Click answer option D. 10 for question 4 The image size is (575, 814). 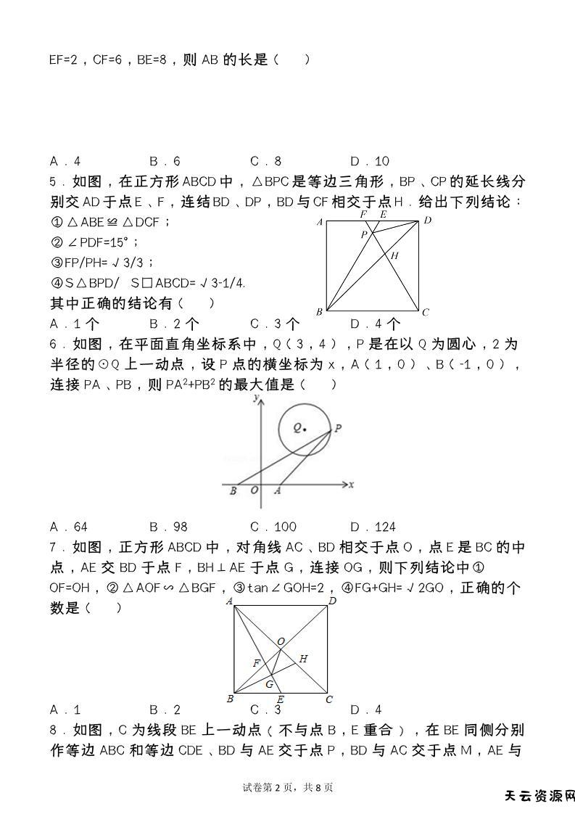370,161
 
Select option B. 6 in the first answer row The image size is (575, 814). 165,161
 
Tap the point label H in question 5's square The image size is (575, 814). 395,255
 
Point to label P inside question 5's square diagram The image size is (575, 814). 365,234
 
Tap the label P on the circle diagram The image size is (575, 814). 338,428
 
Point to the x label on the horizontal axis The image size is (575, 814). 351,484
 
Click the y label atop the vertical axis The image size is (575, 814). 255,398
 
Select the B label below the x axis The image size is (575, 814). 233,491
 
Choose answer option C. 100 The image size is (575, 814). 273,527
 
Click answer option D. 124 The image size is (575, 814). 373,527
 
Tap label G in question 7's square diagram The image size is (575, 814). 269,684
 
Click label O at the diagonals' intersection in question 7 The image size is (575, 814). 281,641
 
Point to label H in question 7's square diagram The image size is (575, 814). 303,659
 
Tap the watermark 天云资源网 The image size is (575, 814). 539,796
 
